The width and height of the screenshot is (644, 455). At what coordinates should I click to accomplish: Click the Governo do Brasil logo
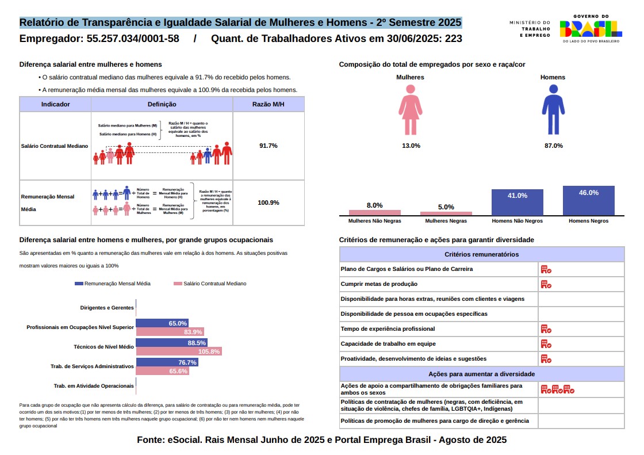coord(590,29)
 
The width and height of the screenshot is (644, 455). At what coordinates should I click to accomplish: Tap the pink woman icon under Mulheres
coord(411,110)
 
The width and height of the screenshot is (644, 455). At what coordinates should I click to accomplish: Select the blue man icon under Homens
coord(553,110)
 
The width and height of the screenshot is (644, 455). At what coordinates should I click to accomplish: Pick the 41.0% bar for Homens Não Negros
coord(517,202)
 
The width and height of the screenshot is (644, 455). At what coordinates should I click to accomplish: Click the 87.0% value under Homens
coord(553,146)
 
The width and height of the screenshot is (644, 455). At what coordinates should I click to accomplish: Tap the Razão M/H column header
coord(268,104)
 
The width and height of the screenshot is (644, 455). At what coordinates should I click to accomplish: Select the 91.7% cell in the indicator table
coord(268,146)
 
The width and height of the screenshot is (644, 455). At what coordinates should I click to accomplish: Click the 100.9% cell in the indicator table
coord(268,202)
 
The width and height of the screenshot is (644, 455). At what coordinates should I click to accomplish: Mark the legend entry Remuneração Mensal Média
coord(113,284)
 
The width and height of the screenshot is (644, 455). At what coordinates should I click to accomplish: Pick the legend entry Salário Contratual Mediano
coord(210,284)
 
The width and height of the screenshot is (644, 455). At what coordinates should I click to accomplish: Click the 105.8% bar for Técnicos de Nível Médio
coord(179,351)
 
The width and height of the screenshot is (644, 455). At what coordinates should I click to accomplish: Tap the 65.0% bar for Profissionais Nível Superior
coord(162,323)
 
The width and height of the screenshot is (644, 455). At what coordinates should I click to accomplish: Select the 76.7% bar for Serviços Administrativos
coord(167,362)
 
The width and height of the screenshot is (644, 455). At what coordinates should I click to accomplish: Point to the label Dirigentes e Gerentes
coord(107,308)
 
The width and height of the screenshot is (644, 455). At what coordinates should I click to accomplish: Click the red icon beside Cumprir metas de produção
coord(546,284)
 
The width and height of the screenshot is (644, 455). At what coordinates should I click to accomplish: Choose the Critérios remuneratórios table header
coord(481,254)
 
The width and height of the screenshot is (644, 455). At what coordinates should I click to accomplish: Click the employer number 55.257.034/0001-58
coord(133,39)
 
